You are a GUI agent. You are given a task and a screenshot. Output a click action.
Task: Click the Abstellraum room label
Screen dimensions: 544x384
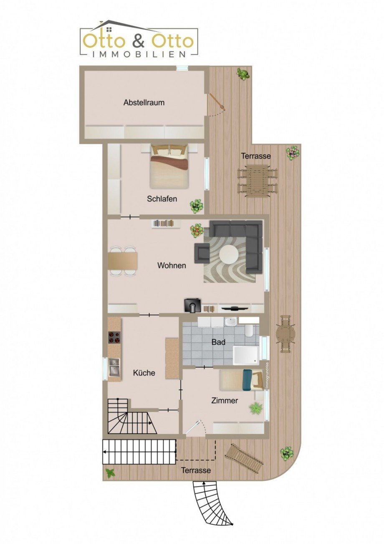pos(144,102)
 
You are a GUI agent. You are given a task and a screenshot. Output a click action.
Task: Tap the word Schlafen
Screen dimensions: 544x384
pos(162,199)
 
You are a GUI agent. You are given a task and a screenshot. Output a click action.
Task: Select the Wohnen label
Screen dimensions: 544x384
pos(172,265)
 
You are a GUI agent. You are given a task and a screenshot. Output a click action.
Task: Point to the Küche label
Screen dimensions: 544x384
pos(144,373)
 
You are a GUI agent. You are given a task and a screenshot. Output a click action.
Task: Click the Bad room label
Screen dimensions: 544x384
pos(218,342)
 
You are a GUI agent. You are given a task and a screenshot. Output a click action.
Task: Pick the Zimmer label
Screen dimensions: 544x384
pos(225,401)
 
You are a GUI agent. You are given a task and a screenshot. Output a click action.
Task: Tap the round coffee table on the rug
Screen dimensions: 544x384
pos(229,254)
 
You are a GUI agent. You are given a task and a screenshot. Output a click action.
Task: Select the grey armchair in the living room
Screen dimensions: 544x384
pos(202,253)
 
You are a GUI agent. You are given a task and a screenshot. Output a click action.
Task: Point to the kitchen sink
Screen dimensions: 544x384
pos(114,367)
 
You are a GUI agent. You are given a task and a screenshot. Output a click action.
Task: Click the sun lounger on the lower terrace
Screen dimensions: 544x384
pos(245,458)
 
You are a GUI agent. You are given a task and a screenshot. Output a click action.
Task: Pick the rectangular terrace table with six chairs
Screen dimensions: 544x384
pos(258,180)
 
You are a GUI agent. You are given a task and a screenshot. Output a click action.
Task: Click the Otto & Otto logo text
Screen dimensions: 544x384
pos(138,41)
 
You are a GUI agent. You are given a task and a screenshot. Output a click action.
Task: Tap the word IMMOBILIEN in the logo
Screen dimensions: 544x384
pos(138,54)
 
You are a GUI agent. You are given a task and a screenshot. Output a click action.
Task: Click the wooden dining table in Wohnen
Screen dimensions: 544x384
pos(123,261)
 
